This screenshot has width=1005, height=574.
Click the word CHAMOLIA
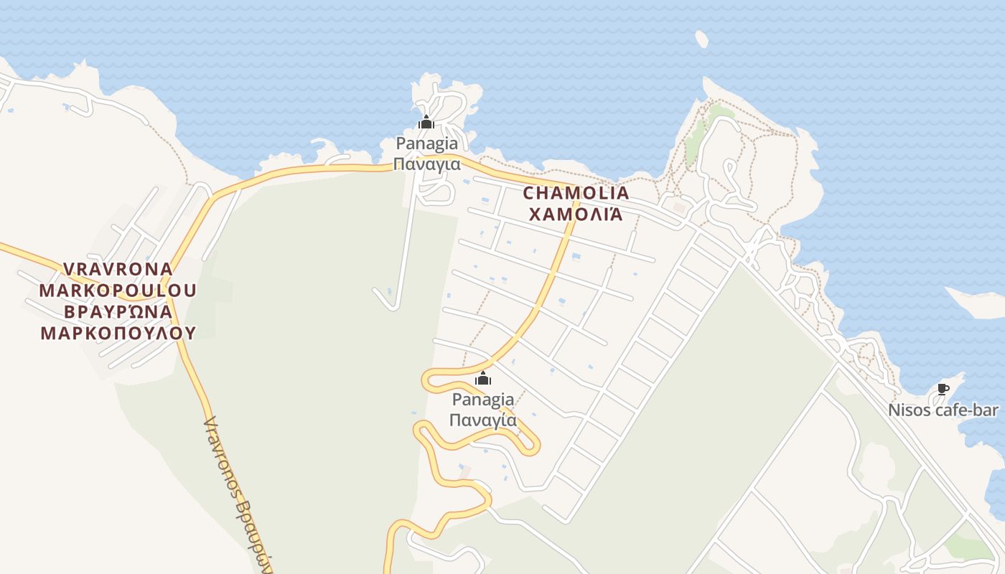576,193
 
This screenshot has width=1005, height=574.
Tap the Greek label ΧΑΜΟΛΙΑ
576,214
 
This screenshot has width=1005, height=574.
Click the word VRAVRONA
118,269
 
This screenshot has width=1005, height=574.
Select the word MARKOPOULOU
118,290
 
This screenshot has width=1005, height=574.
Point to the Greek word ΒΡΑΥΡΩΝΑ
118,311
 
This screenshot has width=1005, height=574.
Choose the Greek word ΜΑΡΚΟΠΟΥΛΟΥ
118,332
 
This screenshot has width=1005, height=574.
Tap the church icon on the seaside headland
426,123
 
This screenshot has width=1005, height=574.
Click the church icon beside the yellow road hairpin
483,378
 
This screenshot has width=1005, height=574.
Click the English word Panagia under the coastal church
426,143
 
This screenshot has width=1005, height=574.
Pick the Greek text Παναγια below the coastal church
426,164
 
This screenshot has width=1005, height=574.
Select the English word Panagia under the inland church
483,399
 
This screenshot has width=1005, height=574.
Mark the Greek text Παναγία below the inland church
483,420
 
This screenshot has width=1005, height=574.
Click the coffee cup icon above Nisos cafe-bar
943,390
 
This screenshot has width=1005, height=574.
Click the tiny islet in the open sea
702,39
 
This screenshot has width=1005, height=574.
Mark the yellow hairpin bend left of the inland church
429,380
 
